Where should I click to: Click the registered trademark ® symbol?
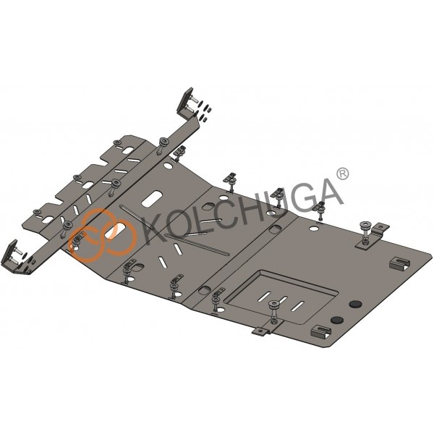click(343, 174)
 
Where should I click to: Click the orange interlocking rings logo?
click(103, 235)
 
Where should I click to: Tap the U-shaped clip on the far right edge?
click(400, 263)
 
